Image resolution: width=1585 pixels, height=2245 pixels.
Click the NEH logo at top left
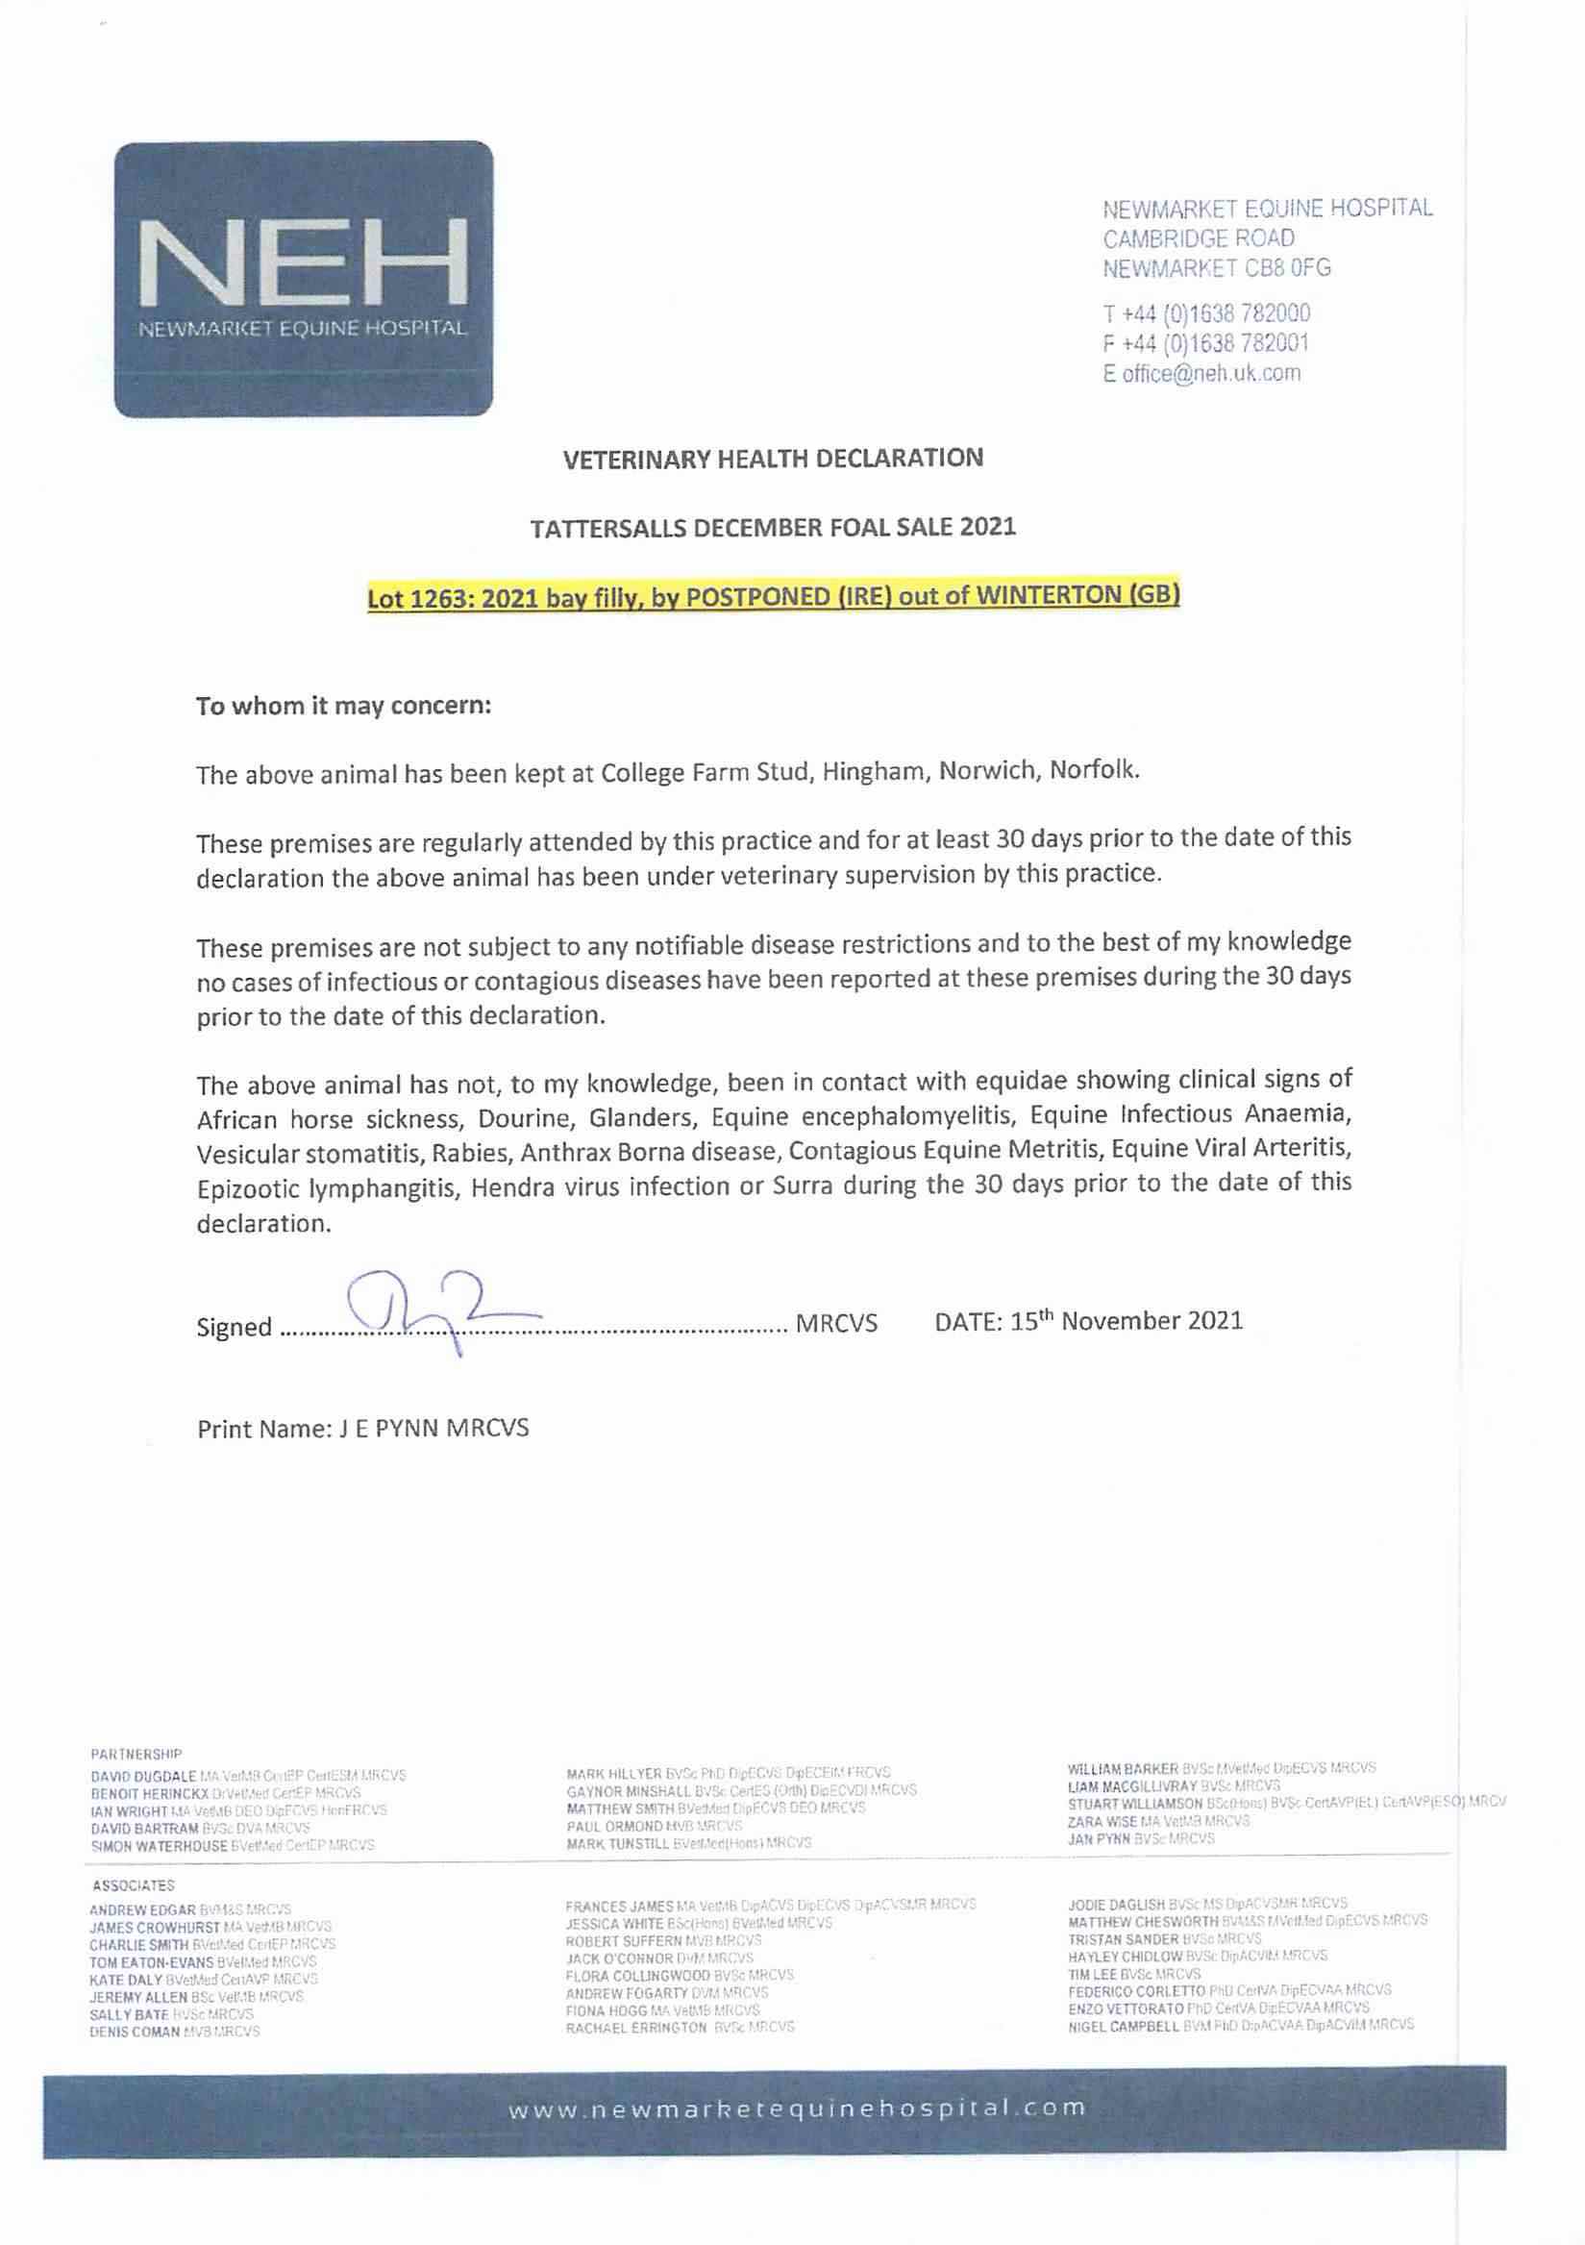(x=303, y=279)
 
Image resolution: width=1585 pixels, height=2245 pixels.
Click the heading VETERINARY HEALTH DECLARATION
(x=773, y=459)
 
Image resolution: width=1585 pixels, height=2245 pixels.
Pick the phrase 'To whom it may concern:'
(x=343, y=706)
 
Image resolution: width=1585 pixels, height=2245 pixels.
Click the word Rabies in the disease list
(x=473, y=1154)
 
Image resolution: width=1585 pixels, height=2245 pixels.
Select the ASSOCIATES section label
(x=133, y=1885)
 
